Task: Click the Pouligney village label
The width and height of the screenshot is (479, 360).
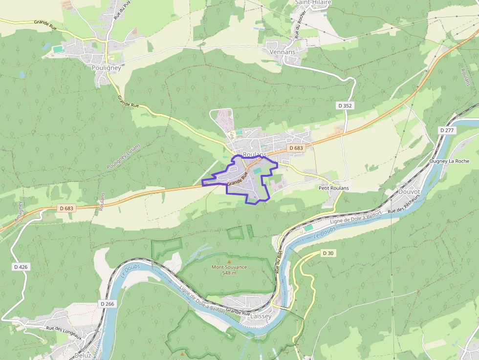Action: point(106,68)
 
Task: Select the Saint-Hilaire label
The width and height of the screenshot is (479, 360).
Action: point(313,2)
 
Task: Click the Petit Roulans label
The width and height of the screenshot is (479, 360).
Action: point(333,188)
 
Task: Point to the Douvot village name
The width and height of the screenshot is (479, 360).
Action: point(409,192)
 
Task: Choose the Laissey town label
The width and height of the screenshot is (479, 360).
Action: point(261,316)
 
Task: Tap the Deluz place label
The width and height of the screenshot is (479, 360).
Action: point(83,355)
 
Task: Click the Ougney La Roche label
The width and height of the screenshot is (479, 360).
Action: point(449,161)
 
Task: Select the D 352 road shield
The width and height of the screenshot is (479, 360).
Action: point(345,106)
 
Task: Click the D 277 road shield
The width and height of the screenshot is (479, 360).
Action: point(447,130)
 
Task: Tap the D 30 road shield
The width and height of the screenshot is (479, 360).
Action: point(328,253)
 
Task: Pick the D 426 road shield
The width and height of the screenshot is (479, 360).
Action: point(20,267)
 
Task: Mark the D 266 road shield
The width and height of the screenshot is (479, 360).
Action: point(108,304)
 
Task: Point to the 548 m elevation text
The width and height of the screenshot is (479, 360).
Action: point(229,273)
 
